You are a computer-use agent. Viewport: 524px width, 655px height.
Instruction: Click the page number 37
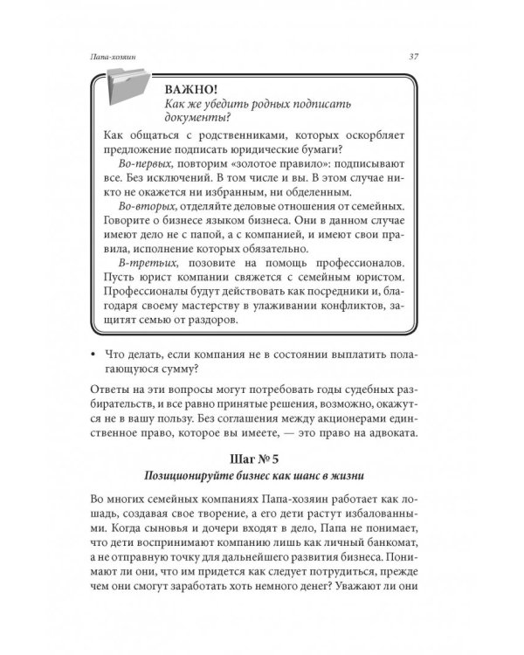(x=413, y=58)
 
